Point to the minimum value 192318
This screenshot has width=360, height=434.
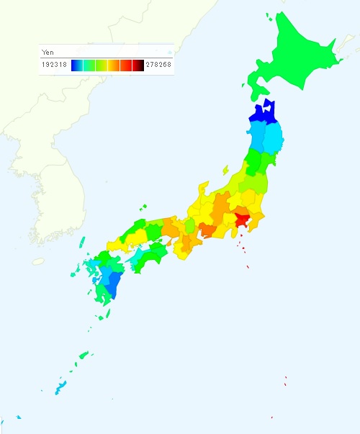tap(56, 65)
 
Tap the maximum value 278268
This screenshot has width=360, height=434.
tap(158, 65)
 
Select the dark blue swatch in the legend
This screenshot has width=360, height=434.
tap(75, 65)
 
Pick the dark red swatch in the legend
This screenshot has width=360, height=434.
tap(138, 65)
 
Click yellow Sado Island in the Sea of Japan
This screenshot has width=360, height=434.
tap(225, 171)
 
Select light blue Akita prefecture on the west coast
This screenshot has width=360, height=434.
tap(256, 137)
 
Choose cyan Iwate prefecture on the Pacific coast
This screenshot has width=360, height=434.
tap(273, 139)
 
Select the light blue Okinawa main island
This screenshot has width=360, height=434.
tap(61, 387)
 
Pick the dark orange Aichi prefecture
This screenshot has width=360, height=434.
tap(207, 230)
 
